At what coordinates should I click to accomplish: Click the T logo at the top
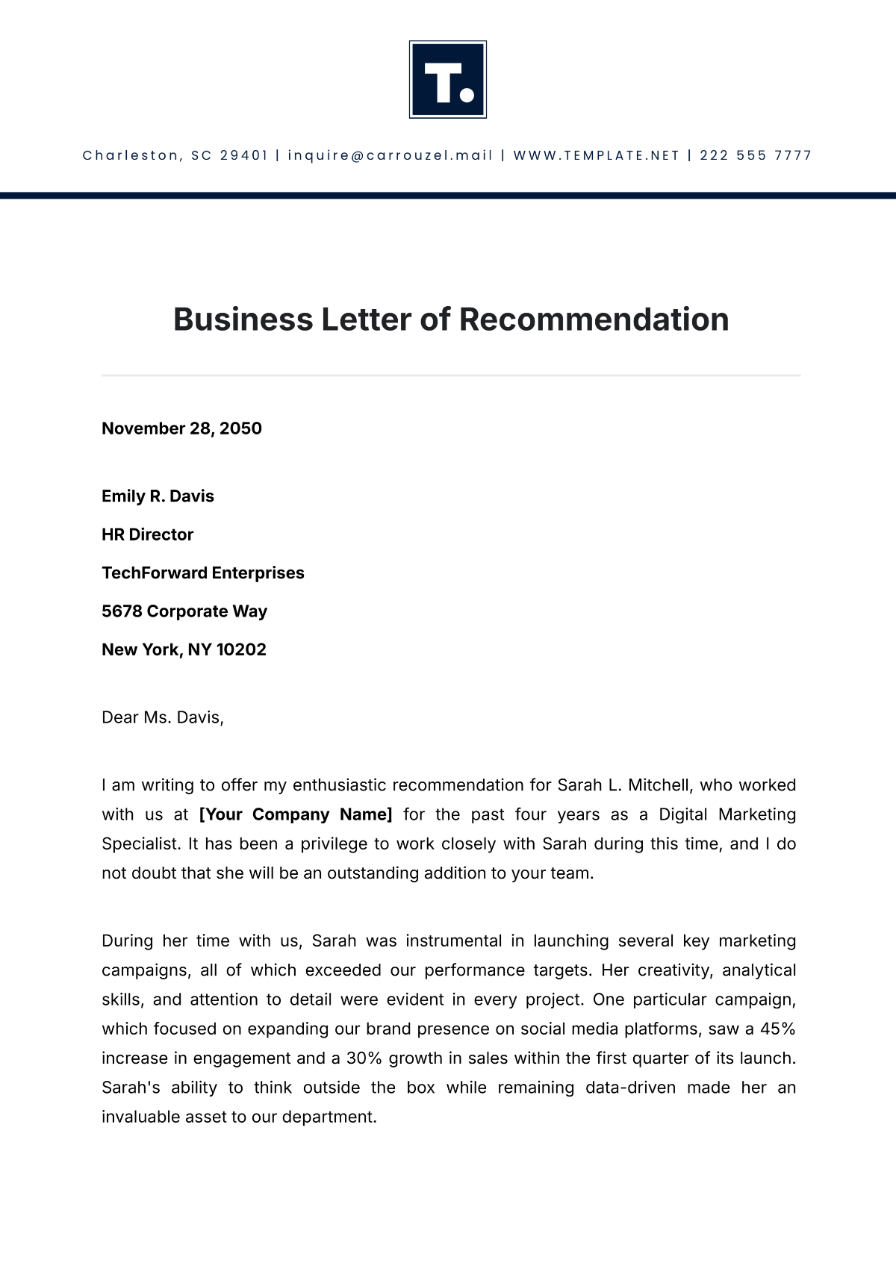(448, 79)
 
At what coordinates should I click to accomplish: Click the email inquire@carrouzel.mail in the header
(391, 155)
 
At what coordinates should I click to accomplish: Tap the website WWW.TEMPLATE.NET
(597, 155)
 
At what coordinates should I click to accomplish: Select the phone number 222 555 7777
(756, 155)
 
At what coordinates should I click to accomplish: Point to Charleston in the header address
(131, 155)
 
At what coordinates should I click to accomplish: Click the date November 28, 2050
(181, 428)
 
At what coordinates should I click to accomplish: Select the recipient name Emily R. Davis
(158, 496)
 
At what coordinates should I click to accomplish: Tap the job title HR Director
(147, 534)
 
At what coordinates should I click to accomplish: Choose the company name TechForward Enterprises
(203, 573)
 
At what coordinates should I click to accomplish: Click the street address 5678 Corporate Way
(184, 611)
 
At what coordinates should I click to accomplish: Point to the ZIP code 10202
(241, 650)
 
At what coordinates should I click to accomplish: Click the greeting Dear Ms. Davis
(163, 717)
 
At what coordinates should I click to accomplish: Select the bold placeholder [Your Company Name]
(296, 814)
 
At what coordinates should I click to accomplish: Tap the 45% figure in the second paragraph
(777, 1029)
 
